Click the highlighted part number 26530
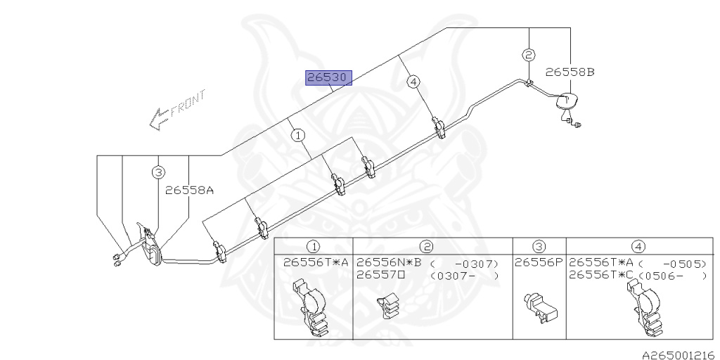point(329,78)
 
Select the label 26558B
point(570,72)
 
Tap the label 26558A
point(190,190)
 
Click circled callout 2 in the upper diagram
point(529,55)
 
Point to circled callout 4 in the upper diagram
point(413,82)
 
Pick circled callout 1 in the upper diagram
point(298,136)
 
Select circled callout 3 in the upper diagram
point(158,173)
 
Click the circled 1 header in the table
point(314,247)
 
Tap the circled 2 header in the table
point(427,247)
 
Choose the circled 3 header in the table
point(539,247)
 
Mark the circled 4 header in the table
point(638,247)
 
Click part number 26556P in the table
point(539,263)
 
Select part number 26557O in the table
point(380,276)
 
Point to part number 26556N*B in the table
point(390,263)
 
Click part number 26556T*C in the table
point(602,276)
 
